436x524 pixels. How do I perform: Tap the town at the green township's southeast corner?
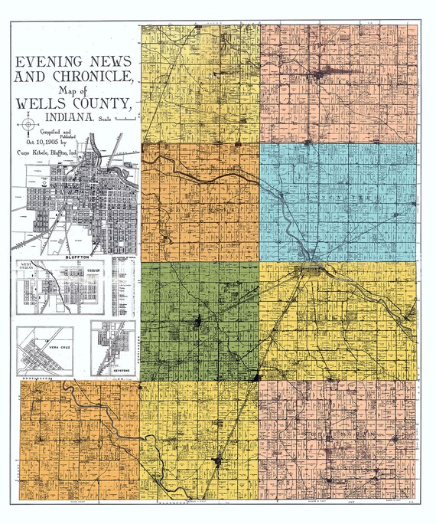[x=256, y=377]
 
